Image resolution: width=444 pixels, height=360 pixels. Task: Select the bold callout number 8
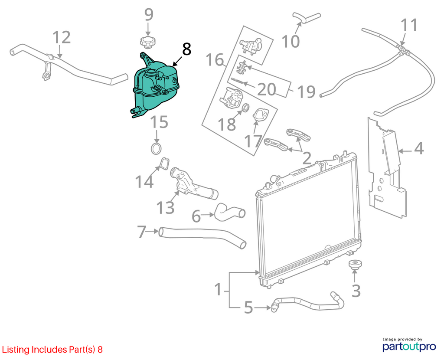[186, 49]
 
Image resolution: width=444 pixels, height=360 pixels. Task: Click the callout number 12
[62, 38]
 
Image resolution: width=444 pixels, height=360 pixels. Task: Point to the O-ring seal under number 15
[156, 149]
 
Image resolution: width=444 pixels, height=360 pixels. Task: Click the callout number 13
[165, 208]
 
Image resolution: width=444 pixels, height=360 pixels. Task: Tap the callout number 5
[248, 308]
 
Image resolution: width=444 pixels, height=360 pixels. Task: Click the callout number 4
[418, 148]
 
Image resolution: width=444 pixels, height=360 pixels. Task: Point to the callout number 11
[409, 25]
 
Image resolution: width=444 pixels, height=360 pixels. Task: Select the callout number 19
[306, 92]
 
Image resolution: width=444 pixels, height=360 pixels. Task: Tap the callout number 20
[267, 89]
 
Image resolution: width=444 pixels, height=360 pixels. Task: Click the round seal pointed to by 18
[246, 107]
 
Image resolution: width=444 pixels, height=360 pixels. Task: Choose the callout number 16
[215, 60]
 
